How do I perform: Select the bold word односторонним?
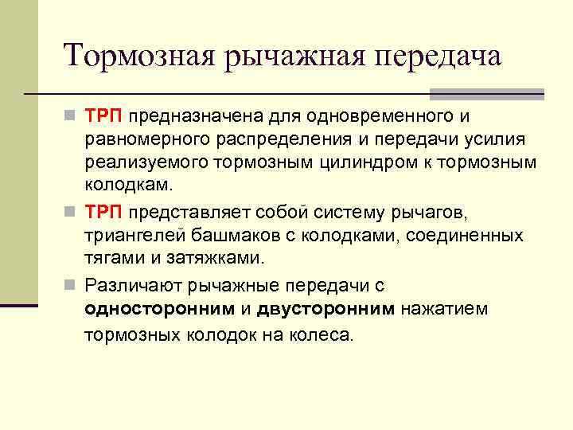point(160,308)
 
